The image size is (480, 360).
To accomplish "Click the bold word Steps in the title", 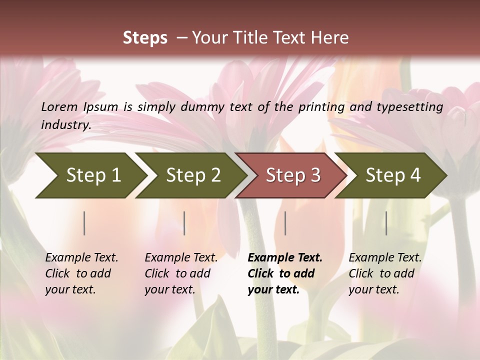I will point(145,38).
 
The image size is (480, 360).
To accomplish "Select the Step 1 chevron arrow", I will point(90,175).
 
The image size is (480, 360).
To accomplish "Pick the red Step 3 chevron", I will point(292,175).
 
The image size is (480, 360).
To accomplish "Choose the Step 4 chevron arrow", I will point(392,175).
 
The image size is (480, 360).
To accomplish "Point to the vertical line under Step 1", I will point(84,223).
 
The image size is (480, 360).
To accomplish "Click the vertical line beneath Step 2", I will point(184,223).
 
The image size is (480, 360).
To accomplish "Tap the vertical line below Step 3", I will point(285,223).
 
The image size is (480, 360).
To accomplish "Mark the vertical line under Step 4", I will point(386,223).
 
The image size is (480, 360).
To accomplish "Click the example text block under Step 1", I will point(81,273).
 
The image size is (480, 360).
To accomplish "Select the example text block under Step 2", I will point(181,273).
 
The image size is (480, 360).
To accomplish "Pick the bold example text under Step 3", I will point(284,273).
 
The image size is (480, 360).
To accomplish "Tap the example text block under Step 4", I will point(384,273).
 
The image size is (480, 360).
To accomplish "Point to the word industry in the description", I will point(65,125).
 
